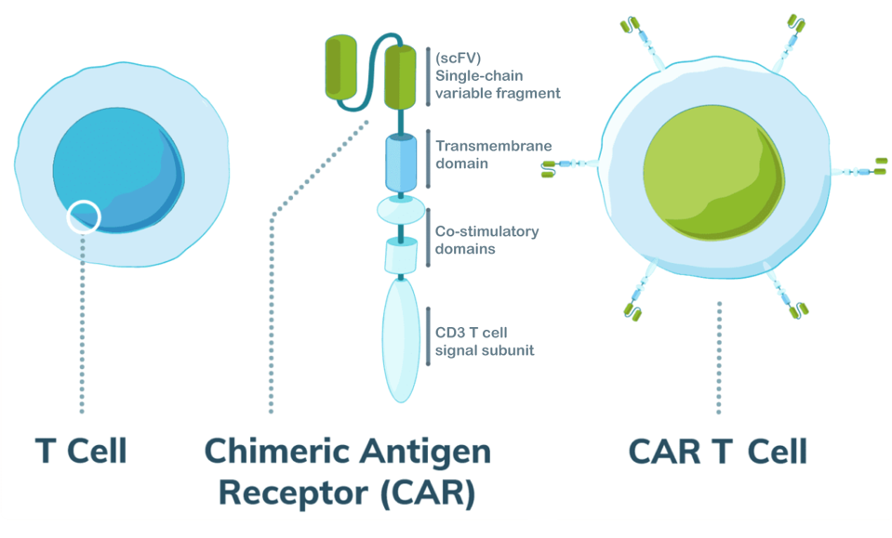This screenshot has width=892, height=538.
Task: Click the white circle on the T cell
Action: (83, 216)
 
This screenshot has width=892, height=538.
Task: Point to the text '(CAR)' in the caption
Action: (427, 492)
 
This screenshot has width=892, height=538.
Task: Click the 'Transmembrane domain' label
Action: (480, 154)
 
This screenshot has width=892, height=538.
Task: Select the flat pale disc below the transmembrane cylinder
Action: (400, 210)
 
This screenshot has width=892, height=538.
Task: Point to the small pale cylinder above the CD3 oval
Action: (400, 254)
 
